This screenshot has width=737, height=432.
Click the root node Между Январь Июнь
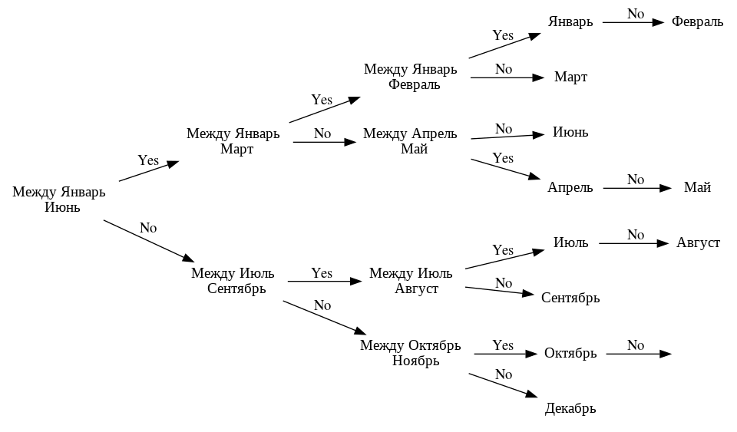58,200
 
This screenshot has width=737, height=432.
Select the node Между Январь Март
233,141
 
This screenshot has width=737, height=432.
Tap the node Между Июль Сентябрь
233,281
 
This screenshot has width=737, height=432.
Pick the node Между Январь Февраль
410,77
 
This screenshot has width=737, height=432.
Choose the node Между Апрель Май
410,141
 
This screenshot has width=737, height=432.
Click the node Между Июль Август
411,281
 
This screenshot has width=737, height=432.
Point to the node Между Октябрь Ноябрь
410,353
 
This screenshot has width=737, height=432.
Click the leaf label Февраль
697,22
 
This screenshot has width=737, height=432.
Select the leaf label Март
570,77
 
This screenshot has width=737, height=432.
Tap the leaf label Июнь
570,132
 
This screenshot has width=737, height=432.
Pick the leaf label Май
697,188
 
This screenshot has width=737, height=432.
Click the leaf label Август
698,243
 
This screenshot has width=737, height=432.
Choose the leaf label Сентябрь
570,298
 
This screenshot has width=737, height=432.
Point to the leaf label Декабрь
570,408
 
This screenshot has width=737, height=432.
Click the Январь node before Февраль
570,22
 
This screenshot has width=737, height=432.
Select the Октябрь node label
570,354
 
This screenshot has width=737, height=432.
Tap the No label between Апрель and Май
636,180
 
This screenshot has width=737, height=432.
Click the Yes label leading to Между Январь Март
148,160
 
